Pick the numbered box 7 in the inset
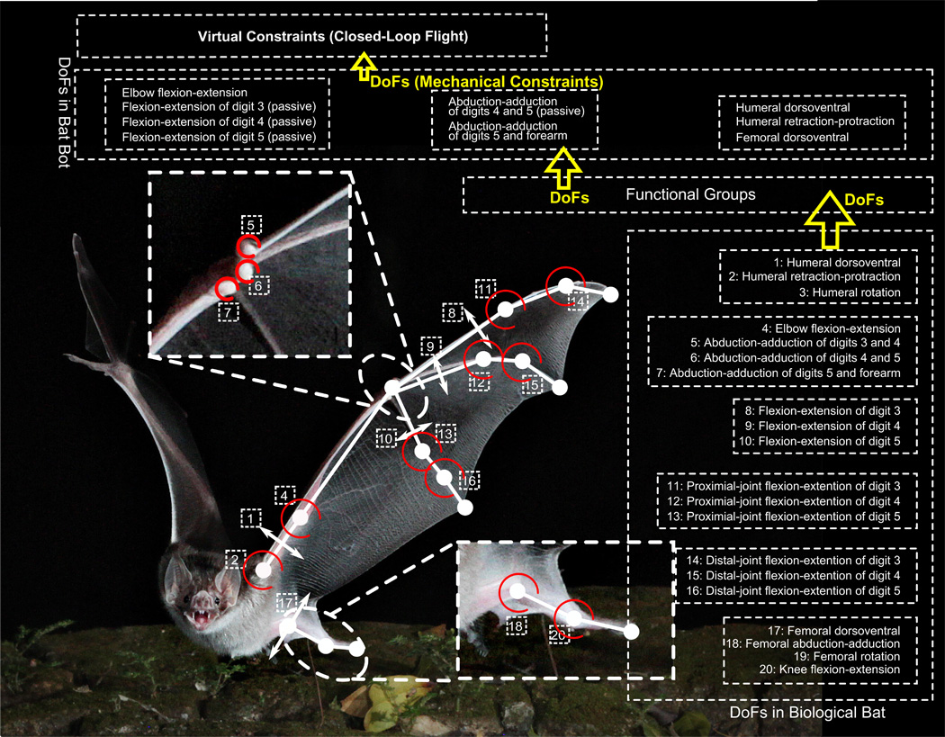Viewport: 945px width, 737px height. tap(228, 311)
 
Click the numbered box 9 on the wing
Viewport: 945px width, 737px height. tap(431, 346)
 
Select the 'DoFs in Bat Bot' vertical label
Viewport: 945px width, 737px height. tap(64, 117)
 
